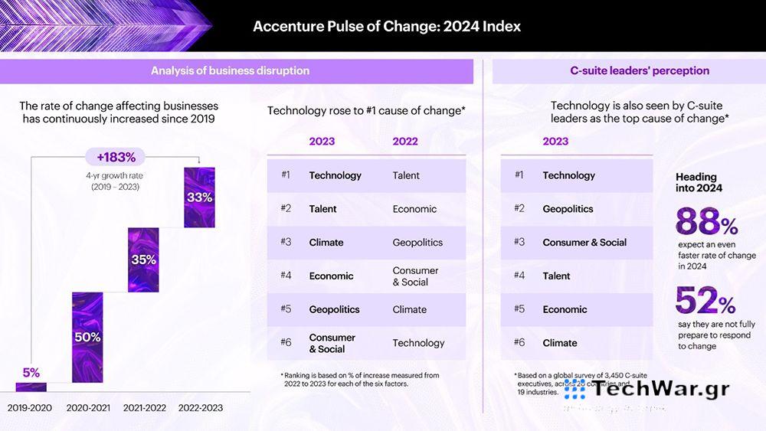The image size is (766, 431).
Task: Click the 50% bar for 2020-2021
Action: click(87, 337)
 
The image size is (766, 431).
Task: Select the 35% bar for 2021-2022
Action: click(143, 260)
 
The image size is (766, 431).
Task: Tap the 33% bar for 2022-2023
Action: click(199, 197)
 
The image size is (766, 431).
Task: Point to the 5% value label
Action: click(31, 373)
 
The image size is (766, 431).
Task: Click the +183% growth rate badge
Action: click(116, 158)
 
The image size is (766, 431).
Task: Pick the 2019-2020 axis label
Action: click(30, 408)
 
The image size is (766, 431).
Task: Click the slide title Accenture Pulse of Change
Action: click(387, 26)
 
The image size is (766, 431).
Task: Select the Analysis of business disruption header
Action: click(230, 70)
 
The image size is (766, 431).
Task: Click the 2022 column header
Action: click(405, 141)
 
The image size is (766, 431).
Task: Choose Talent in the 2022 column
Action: click(406, 175)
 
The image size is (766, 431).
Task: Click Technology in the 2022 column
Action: click(418, 343)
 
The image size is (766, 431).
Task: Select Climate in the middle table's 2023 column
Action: click(326, 242)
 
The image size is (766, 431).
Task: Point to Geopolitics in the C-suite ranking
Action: click(568, 208)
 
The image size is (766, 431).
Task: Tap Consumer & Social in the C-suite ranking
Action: click(584, 242)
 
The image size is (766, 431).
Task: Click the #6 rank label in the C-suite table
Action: click(519, 343)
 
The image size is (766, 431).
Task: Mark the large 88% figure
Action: click(706, 224)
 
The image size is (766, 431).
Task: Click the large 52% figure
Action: click(705, 302)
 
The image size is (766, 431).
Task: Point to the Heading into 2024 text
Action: click(699, 182)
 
